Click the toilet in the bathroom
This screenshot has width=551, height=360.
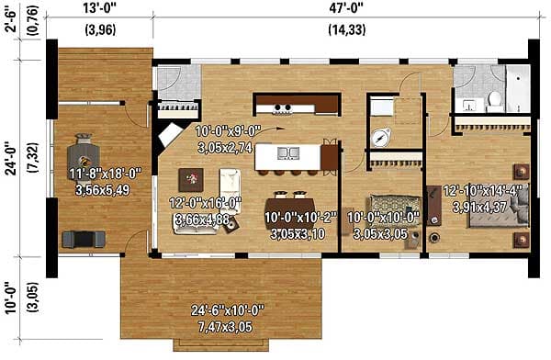(x=493, y=97)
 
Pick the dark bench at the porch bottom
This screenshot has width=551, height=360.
(x=79, y=239)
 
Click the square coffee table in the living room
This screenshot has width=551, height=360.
(x=194, y=178)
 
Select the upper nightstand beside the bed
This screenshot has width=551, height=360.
(x=521, y=171)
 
